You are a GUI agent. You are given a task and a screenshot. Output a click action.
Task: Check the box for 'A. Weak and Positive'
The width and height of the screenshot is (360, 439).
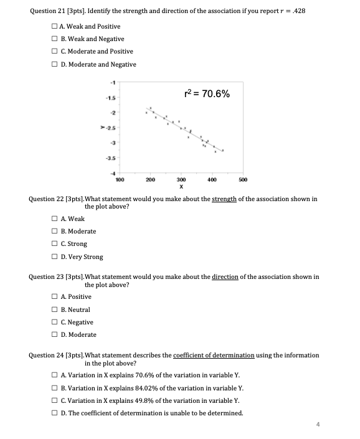tap(55, 26)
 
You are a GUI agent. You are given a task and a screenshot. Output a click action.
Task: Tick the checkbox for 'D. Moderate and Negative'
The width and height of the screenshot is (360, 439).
tap(55, 64)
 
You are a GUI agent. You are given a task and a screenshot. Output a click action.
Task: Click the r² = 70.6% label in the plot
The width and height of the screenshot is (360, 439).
tap(208, 95)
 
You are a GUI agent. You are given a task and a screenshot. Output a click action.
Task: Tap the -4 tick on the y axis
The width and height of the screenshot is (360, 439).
tap(113, 172)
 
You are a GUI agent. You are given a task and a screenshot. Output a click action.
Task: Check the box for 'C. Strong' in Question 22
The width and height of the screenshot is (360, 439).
tap(55, 243)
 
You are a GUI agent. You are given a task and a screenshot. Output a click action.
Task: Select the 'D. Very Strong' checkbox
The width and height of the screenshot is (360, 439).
tap(55, 257)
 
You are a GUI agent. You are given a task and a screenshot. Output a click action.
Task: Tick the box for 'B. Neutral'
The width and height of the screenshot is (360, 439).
tap(55, 309)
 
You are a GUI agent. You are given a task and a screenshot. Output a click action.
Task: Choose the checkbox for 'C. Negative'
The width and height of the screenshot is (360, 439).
tap(55, 322)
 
